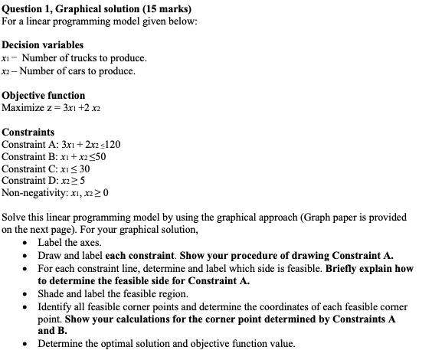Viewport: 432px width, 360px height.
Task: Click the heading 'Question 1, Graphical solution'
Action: point(65,10)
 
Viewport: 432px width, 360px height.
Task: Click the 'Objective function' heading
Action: point(43,95)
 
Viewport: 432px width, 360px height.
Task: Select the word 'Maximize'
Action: point(23,107)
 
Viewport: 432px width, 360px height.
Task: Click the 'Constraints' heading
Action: point(28,132)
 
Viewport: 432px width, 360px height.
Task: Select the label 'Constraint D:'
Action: point(29,181)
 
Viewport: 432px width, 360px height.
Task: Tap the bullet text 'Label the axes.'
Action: point(70,242)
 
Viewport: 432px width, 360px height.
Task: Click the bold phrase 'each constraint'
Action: point(141,254)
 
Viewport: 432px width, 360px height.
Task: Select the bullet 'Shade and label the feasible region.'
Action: point(113,293)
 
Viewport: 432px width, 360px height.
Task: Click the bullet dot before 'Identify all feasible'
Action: point(28,306)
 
